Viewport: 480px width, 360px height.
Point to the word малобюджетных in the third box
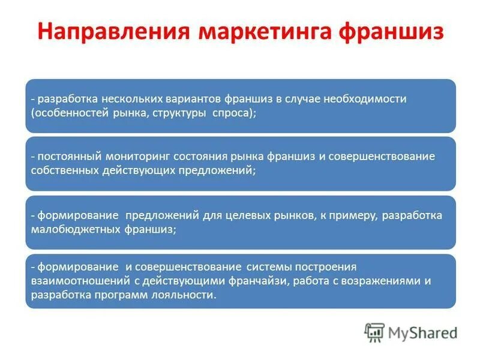[76, 229]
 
